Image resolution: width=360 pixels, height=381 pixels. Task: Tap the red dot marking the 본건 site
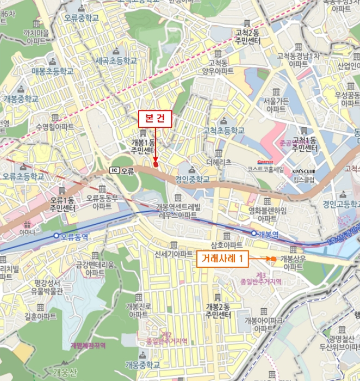pos(156,163)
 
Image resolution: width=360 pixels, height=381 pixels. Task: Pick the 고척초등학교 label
pos(224,131)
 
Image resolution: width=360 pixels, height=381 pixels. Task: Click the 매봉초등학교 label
pos(52,71)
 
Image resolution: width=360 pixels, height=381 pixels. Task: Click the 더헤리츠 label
pos(219,162)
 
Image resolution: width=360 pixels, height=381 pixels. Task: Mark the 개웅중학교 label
pos(142,364)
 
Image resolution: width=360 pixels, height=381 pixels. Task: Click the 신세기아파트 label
pos(174,254)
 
